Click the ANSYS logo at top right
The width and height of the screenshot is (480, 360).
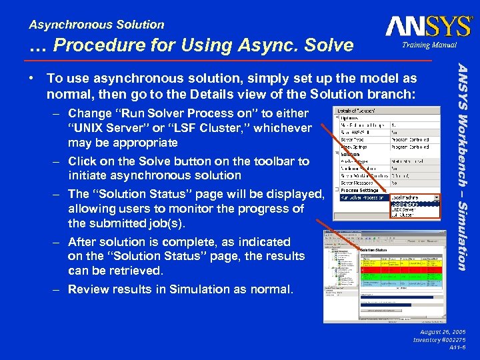coord(427,27)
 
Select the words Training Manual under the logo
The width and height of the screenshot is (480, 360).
coord(429,45)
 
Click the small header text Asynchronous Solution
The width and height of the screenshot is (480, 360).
coord(97,25)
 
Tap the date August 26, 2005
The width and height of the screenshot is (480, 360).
coord(443,331)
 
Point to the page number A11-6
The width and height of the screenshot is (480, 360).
coord(457,348)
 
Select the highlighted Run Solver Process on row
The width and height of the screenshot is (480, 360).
coord(363,197)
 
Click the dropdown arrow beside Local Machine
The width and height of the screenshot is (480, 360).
coord(437,197)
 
